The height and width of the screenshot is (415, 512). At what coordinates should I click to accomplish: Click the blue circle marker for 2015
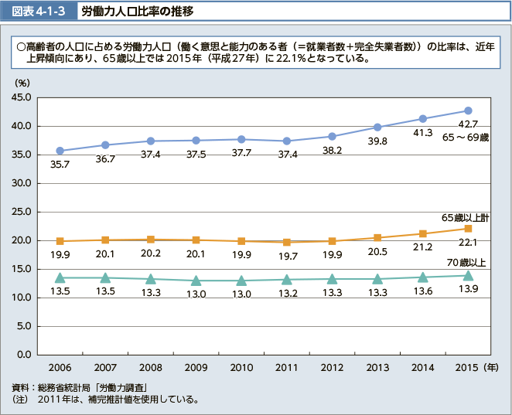click(468, 111)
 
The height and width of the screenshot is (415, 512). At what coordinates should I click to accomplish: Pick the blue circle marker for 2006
click(60, 151)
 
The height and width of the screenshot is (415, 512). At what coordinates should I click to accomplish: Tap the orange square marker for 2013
click(377, 237)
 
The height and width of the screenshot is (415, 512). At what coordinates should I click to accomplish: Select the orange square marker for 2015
click(468, 228)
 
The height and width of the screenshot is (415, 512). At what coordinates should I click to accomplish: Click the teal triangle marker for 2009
click(196, 281)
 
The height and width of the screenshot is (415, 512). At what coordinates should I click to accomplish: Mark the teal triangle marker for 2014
click(423, 277)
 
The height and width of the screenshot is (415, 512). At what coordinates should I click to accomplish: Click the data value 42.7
click(469, 124)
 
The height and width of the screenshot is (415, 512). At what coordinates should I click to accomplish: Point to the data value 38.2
click(333, 151)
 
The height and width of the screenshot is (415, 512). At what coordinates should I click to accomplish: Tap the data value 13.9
click(468, 288)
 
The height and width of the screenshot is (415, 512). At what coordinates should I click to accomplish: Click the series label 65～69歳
click(466, 138)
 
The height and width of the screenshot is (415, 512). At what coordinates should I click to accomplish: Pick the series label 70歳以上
click(468, 264)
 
